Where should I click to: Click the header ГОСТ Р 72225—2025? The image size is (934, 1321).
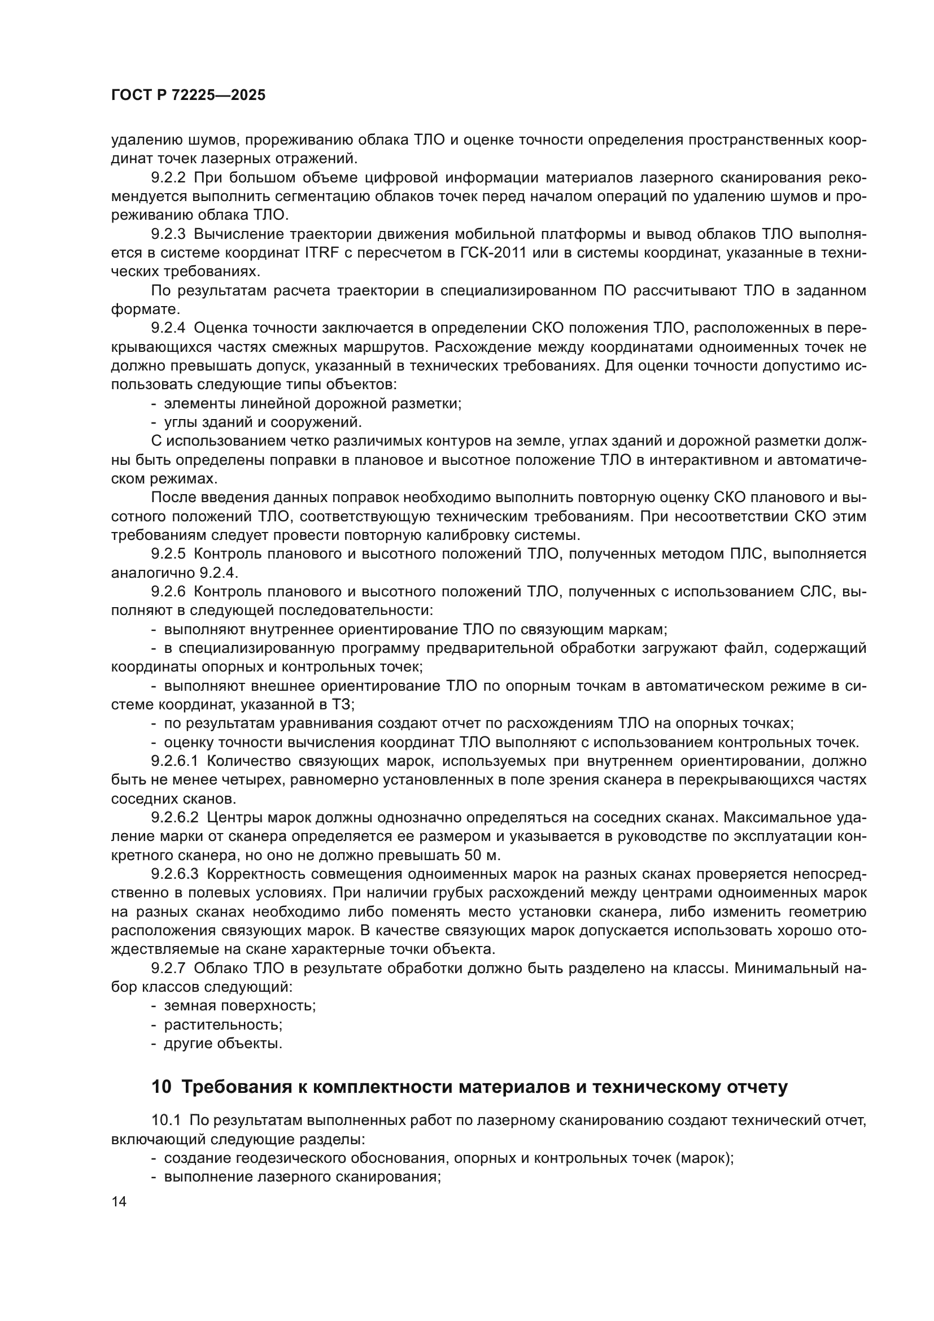188,95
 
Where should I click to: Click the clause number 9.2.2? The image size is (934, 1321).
168,178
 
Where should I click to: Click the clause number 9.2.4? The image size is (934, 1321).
168,328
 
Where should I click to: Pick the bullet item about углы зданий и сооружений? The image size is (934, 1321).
262,422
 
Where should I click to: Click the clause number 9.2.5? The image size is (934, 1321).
168,554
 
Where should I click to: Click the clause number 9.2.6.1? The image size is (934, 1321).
175,761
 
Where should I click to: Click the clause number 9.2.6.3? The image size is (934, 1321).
175,874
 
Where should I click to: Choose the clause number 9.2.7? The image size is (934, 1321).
168,969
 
